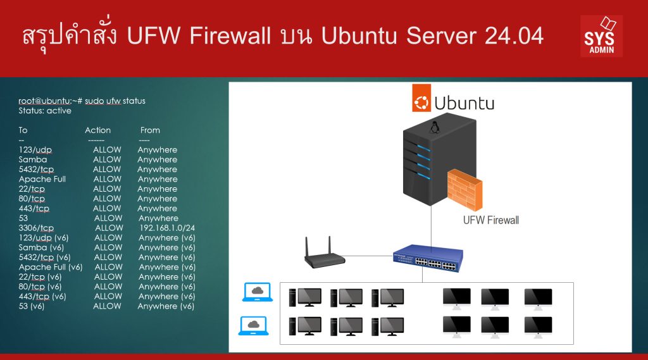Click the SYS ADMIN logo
tap(601, 36)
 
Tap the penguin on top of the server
tap(434, 128)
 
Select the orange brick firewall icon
tap(464, 192)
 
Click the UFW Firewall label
tap(491, 220)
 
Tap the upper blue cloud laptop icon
tap(257, 292)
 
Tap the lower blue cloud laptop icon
tap(254, 326)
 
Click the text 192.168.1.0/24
tap(167, 228)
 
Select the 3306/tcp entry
tap(36, 228)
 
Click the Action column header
tap(97, 130)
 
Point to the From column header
tap(150, 130)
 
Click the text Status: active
tap(45, 111)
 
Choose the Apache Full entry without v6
tap(42, 179)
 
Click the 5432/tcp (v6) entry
tap(44, 258)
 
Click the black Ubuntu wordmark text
tap(464, 102)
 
